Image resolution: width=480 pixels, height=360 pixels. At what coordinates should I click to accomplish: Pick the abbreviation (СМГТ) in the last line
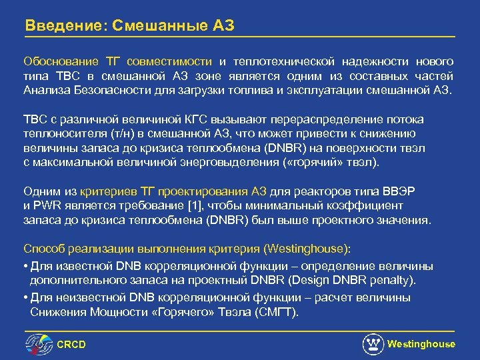click(x=278, y=311)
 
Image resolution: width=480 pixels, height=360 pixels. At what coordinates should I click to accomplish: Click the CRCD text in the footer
click(x=72, y=344)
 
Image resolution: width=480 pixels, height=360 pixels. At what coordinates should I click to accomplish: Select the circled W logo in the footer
click(x=373, y=344)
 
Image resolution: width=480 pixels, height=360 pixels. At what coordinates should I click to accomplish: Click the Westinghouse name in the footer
click(x=421, y=344)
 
